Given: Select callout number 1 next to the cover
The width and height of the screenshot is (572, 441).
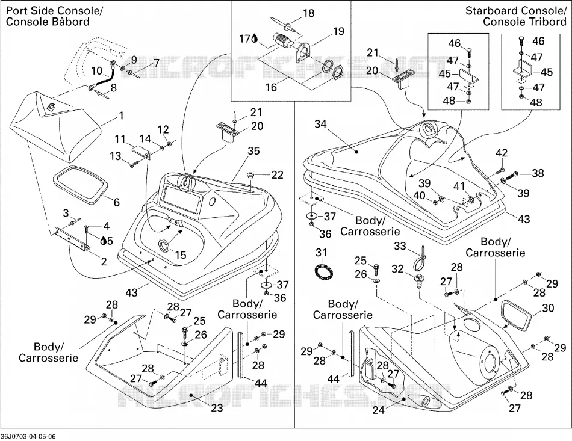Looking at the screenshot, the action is (121, 116).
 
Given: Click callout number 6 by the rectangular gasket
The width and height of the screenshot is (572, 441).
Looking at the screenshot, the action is (117, 202).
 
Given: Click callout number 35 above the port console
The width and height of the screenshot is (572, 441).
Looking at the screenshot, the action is (253, 150).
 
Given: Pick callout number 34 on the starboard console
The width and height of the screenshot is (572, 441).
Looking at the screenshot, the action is (320, 124).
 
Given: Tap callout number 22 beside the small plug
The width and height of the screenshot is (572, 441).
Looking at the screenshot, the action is (277, 175).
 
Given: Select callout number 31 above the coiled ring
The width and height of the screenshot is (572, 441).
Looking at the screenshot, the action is (322, 252).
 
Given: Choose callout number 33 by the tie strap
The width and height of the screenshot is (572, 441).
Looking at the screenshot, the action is (400, 246).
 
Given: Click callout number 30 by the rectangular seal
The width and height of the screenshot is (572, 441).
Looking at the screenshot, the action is (548, 308).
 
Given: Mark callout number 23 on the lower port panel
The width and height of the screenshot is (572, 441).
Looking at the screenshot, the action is (217, 407).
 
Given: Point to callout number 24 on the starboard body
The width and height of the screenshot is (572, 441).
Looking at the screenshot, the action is (379, 410).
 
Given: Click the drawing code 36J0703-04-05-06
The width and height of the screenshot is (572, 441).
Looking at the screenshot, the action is (28, 436).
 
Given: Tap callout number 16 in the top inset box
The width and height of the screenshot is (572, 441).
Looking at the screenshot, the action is (272, 87).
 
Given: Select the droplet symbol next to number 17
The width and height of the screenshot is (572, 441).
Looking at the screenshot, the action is (254, 39).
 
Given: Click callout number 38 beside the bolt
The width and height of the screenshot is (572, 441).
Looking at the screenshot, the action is (538, 173).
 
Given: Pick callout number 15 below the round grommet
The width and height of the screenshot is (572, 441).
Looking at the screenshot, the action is (180, 254).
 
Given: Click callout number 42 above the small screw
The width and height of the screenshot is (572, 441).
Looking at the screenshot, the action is (502, 153).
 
